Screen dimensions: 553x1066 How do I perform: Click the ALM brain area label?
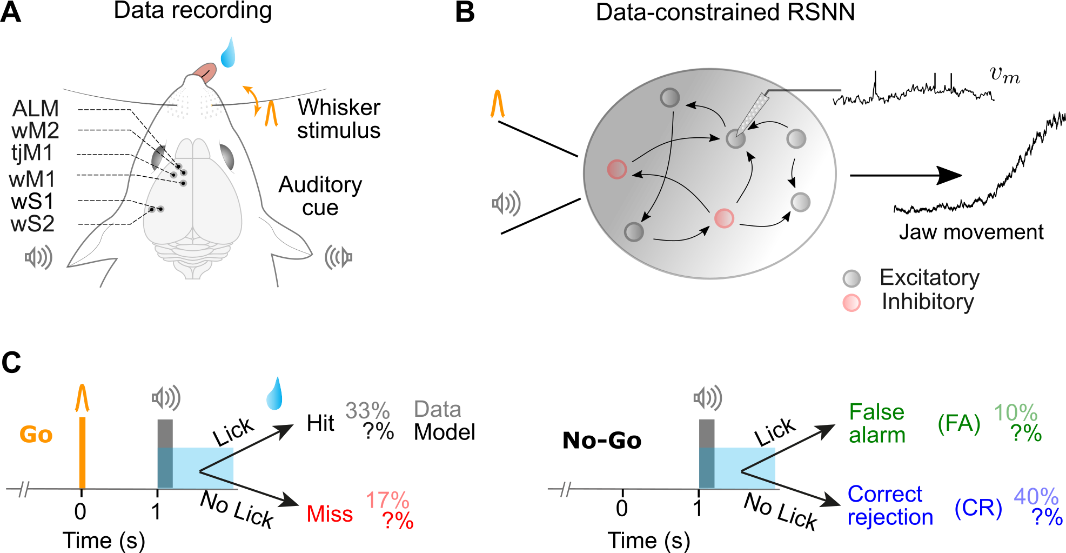[35, 109]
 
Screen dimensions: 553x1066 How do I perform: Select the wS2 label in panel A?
[32, 224]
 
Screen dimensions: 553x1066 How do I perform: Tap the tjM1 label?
[32, 154]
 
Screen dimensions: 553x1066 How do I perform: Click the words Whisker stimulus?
[339, 119]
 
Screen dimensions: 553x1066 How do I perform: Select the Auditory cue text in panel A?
[320, 196]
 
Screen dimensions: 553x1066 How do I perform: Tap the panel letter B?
[465, 12]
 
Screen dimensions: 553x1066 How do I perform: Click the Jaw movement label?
[971, 232]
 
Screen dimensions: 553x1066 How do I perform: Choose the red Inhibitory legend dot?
[852, 303]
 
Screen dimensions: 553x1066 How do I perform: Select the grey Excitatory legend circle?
[852, 278]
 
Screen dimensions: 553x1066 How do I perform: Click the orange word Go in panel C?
[36, 435]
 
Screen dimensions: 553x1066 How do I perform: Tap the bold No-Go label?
[602, 441]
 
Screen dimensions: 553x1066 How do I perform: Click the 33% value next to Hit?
[367, 411]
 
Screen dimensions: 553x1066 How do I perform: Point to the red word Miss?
[330, 514]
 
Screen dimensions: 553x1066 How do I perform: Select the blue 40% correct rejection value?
[1036, 496]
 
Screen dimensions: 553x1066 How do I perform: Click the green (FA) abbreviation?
[959, 423]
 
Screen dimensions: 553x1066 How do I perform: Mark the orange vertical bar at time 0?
[82, 452]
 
